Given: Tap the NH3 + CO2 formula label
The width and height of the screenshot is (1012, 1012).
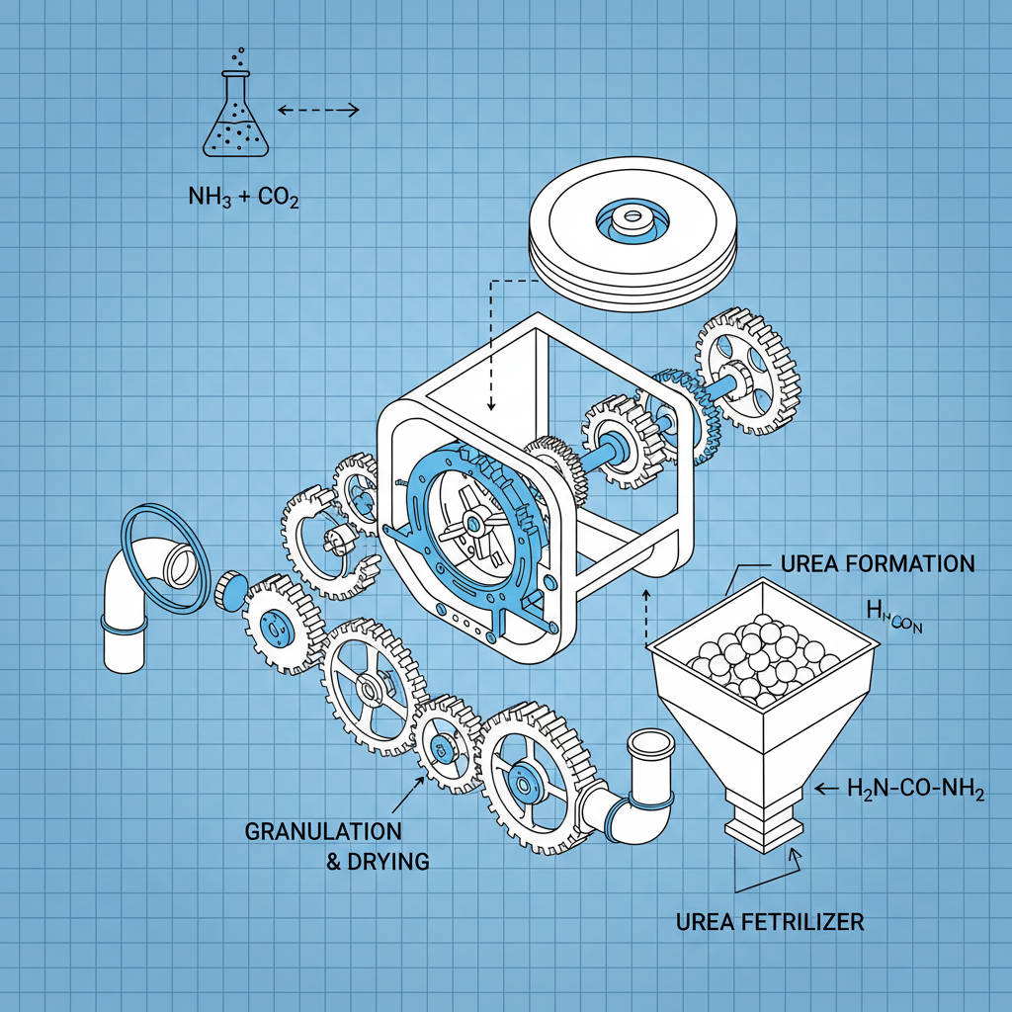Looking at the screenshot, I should pos(242,196).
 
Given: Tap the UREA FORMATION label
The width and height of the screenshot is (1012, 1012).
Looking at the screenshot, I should pos(877,564).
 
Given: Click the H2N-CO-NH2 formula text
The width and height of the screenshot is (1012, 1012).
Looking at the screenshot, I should pos(915,789).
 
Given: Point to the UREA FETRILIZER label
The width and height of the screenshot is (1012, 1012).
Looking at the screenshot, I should pos(770,922).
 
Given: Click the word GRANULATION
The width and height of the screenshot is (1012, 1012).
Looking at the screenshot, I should pos(323,830).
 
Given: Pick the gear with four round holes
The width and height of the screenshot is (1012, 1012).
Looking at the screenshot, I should pos(748,372).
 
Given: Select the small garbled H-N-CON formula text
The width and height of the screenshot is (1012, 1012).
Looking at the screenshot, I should pos(893,620).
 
